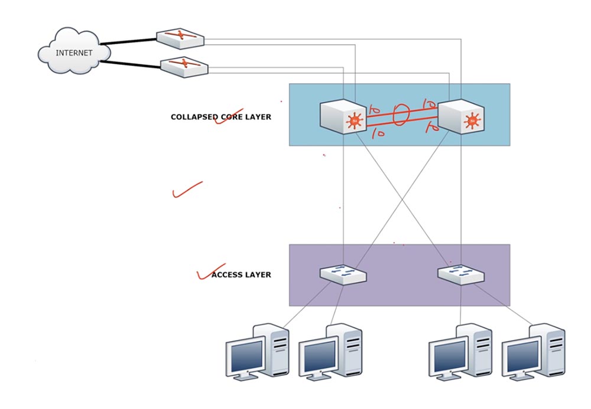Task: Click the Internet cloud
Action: [x=74, y=53]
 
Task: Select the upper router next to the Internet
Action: [x=180, y=38]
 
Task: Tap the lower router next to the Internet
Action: [x=184, y=66]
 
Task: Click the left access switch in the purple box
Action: [x=343, y=274]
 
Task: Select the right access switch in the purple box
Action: [x=462, y=274]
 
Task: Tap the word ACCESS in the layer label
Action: [x=226, y=274]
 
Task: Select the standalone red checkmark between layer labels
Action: [x=186, y=190]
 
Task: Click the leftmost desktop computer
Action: [x=257, y=351]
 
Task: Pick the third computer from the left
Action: [x=460, y=351]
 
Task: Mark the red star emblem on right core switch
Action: [x=472, y=122]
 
